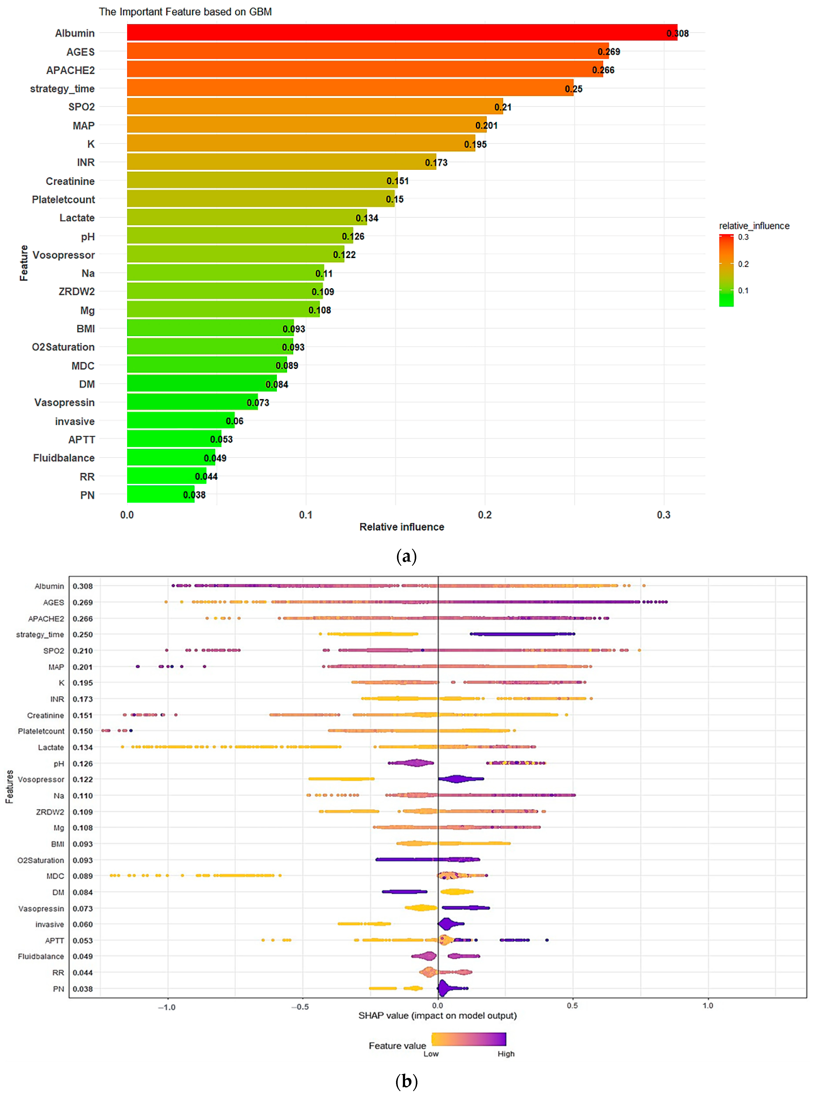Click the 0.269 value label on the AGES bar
point(609,52)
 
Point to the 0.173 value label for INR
point(436,162)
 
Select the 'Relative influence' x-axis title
point(402,527)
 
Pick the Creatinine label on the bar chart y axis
point(70,181)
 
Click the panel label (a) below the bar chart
point(407,557)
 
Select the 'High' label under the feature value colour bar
point(506,1054)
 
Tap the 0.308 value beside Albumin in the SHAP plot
point(82,586)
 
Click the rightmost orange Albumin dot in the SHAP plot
point(644,586)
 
